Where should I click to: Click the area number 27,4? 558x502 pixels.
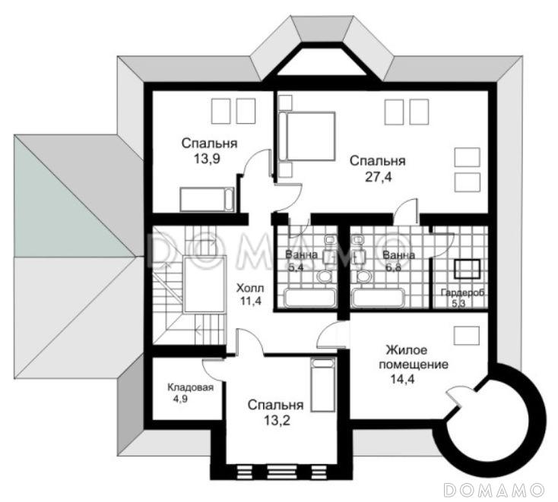[x=379, y=177]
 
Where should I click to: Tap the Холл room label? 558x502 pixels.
[x=250, y=287]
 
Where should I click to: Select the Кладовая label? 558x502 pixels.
[x=190, y=387]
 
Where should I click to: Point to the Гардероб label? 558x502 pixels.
[x=463, y=292]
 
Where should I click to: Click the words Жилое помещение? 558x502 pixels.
[x=413, y=357]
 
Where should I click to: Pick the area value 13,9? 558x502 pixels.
[x=207, y=159]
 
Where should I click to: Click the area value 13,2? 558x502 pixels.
[x=277, y=421]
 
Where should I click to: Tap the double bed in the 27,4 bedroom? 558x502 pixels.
[x=307, y=136]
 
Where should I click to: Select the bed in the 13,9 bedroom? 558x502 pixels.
[x=207, y=200]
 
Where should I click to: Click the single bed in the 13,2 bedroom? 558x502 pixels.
[x=323, y=385]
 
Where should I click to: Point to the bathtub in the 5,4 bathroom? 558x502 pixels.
[x=310, y=298]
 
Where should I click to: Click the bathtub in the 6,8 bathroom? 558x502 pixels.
[x=379, y=298]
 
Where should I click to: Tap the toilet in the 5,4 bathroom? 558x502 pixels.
[x=325, y=276]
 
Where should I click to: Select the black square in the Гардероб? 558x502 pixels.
[x=467, y=269]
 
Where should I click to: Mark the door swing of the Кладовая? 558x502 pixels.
[x=211, y=370]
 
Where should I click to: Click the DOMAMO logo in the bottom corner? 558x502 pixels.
[x=495, y=490]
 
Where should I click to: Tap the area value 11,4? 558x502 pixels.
[x=251, y=302]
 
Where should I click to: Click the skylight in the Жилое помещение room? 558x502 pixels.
[x=467, y=335]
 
